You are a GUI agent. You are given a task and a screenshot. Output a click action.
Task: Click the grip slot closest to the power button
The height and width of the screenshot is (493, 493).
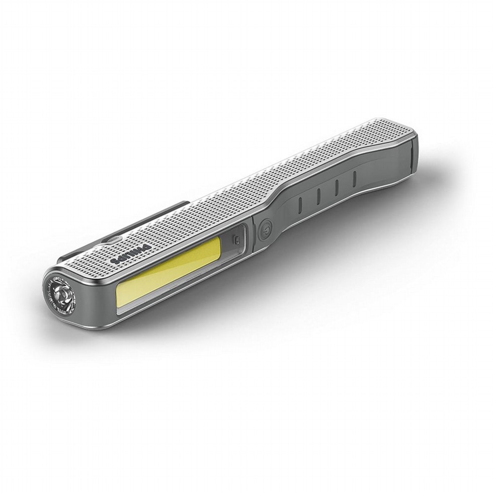click(300, 204)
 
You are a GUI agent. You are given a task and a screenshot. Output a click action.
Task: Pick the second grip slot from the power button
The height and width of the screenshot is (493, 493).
click(318, 195)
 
